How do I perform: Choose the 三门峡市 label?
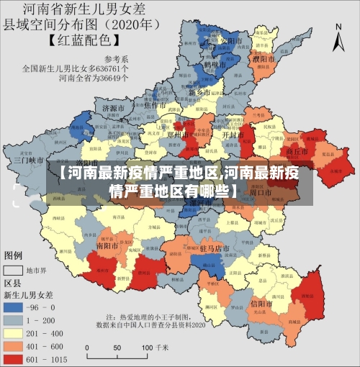pyautogui.click(x=30, y=160)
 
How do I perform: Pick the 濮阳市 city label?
pyautogui.click(x=264, y=58)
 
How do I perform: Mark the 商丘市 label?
pyautogui.click(x=297, y=152)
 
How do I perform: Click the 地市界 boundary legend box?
pyautogui.click(x=14, y=271)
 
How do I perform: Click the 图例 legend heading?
pyautogui.click(x=14, y=255)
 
